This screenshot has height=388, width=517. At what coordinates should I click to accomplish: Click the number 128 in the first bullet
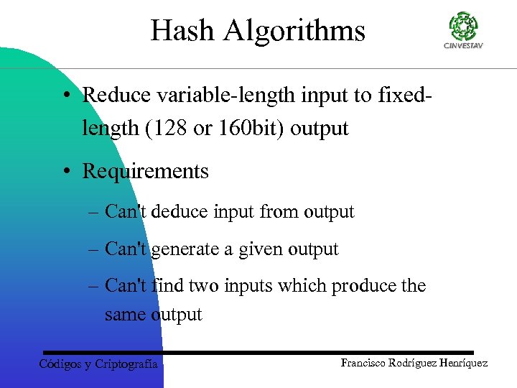pyautogui.click(x=171, y=129)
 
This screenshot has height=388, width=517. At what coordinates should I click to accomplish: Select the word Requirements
pyautogui.click(x=145, y=171)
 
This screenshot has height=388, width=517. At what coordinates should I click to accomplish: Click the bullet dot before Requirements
pyautogui.click(x=65, y=172)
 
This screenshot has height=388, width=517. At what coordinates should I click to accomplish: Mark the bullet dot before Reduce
pyautogui.click(x=65, y=95)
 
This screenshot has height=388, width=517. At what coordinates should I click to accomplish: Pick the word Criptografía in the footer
pyautogui.click(x=126, y=364)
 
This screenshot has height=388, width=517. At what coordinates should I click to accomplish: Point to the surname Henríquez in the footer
pyautogui.click(x=460, y=363)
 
